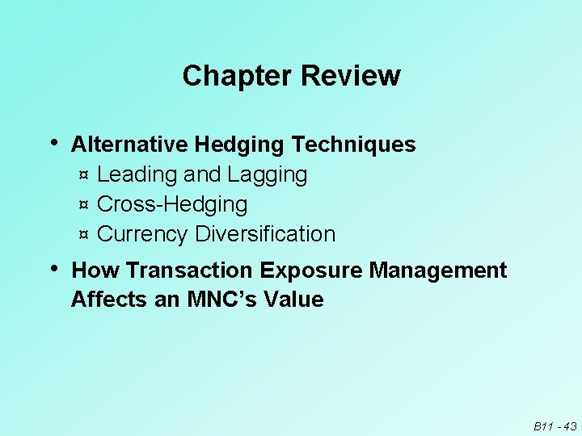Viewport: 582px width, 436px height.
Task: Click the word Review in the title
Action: pos(350,76)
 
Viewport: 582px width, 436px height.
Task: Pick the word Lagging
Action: pos(268,174)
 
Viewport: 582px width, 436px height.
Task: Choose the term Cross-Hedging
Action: pos(172,204)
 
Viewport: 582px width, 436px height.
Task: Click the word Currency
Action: pos(143,234)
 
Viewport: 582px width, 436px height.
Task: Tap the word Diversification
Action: pos(266,234)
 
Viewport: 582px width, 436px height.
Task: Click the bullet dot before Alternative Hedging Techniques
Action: pos(54,142)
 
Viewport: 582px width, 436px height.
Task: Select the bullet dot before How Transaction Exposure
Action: pos(54,267)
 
